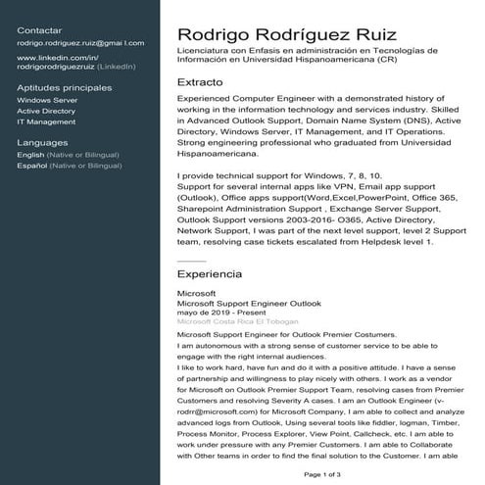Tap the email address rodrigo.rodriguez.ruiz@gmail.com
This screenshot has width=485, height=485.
(x=80, y=43)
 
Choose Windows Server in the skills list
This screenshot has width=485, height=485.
(x=47, y=100)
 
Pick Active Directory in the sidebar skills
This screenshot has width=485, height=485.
(x=46, y=111)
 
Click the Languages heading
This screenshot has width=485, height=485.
(x=43, y=142)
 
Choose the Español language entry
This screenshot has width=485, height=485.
(x=63, y=166)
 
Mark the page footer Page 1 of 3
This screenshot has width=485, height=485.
(x=322, y=474)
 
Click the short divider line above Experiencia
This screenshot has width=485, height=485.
(x=191, y=260)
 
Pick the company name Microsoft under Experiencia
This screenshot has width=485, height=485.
(x=195, y=293)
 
